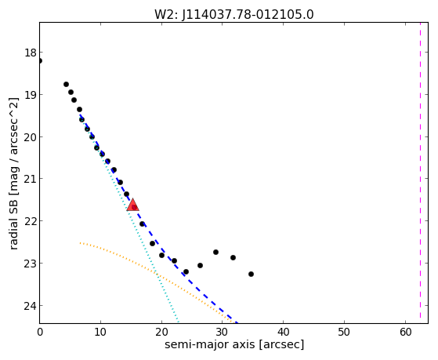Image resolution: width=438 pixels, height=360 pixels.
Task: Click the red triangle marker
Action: pyautogui.click(x=132, y=205)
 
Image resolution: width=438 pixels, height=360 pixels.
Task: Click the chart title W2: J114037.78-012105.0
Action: pyautogui.click(x=234, y=14)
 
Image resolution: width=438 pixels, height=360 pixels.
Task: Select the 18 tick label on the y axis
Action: pyautogui.click(x=31, y=53)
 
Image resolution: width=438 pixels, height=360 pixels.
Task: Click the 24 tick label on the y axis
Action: pyautogui.click(x=31, y=306)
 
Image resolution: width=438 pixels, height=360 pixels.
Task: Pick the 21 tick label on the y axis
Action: pyautogui.click(x=31, y=179)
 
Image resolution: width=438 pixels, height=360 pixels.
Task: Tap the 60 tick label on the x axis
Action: pyautogui.click(x=405, y=332)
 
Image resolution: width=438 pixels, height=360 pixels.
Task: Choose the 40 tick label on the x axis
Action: pyautogui.click(x=283, y=332)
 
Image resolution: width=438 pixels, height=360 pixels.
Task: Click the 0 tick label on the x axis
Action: pyautogui.click(x=40, y=332)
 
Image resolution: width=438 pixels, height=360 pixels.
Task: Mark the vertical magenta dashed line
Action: pyautogui.click(x=420, y=173)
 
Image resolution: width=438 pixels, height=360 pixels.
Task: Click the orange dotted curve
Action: pyautogui.click(x=151, y=271)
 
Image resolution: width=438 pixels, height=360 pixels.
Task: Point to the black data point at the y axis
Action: pyautogui.click(x=39, y=60)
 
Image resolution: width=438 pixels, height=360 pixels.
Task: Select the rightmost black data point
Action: pyautogui.click(x=251, y=275)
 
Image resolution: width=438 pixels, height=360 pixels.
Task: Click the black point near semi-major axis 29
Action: pyautogui.click(x=215, y=252)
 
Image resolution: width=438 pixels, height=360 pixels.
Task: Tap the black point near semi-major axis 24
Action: pyautogui.click(x=186, y=271)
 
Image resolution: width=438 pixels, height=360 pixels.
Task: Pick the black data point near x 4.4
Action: pyautogui.click(x=66, y=84)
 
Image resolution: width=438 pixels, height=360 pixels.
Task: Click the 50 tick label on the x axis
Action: pyautogui.click(x=344, y=332)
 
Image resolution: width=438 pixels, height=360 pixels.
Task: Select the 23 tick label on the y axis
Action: pyautogui.click(x=31, y=264)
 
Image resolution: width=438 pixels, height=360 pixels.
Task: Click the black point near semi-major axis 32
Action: pyautogui.click(x=233, y=257)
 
